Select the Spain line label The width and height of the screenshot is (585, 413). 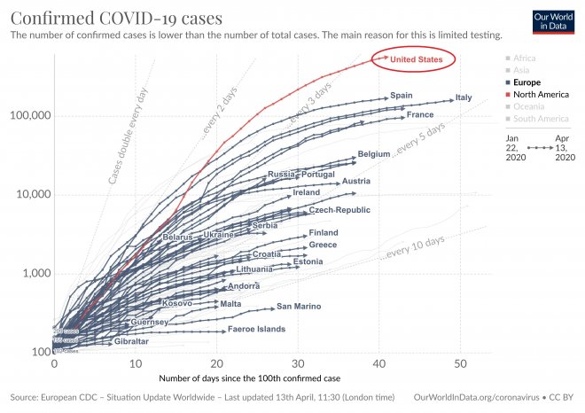(x=402, y=96)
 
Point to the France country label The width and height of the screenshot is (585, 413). (x=419, y=115)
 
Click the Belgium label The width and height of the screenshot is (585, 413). (x=374, y=154)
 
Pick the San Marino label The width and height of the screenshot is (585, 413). (x=298, y=308)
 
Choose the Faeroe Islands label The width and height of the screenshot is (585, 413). (x=257, y=330)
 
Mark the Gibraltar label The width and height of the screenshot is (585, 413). (x=131, y=341)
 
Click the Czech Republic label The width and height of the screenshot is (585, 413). (x=339, y=210)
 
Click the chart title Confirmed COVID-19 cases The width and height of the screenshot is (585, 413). (x=116, y=18)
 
